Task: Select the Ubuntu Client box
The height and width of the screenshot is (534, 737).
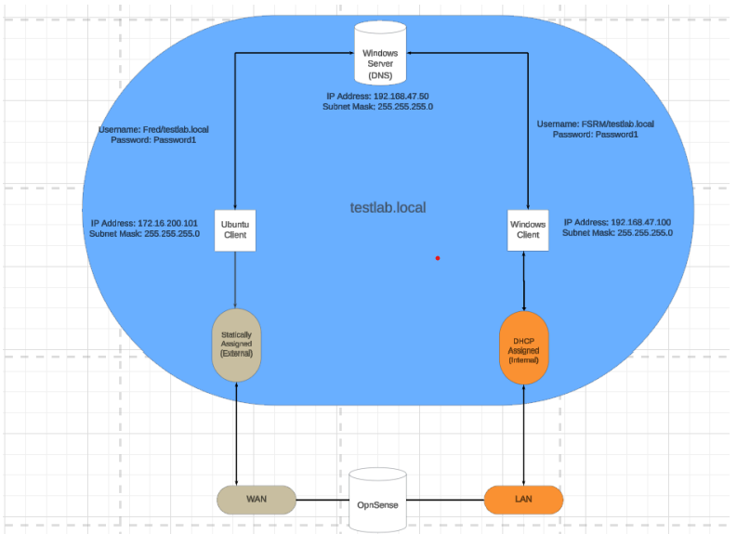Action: (x=234, y=228)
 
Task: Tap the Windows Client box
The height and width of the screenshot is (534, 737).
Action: (x=527, y=228)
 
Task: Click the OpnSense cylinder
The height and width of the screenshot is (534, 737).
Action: (x=378, y=501)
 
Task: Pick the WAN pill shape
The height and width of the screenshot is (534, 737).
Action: (x=257, y=500)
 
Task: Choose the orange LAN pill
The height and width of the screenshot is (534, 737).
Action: (x=523, y=500)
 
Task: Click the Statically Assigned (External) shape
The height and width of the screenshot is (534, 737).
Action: (x=237, y=345)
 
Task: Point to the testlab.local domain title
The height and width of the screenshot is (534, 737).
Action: (x=388, y=207)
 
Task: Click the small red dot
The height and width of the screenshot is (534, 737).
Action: (x=437, y=258)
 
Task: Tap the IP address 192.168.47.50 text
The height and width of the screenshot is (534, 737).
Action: (x=377, y=96)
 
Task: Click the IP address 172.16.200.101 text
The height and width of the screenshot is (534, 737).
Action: (x=144, y=223)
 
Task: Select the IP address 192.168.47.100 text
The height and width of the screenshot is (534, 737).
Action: (x=617, y=223)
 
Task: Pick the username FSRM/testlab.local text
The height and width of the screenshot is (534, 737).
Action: (x=595, y=124)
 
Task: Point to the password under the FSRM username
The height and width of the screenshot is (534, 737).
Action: (x=595, y=135)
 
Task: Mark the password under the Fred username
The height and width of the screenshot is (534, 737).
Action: (x=153, y=140)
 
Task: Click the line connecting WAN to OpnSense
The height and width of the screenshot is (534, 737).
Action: (x=322, y=500)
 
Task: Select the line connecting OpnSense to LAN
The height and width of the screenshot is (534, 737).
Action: (x=446, y=500)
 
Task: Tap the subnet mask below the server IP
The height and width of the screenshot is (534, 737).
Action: (x=377, y=107)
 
